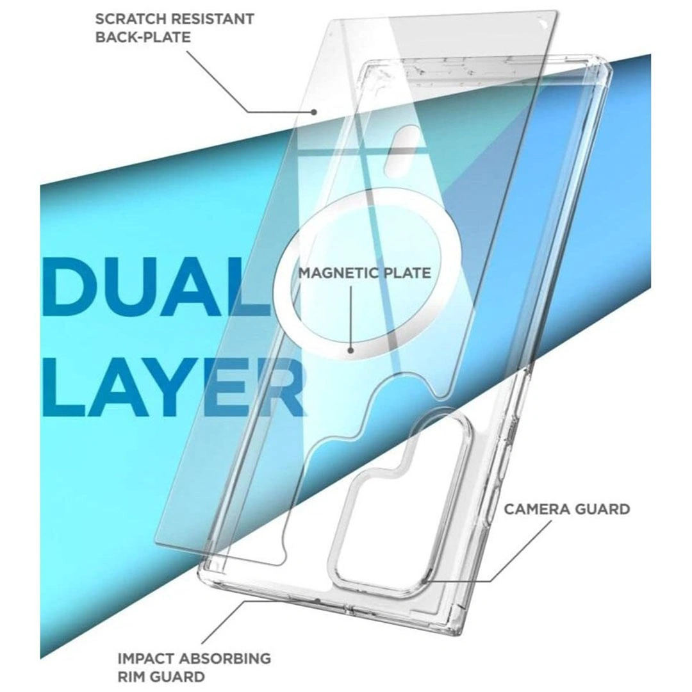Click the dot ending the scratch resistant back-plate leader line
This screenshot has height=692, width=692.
314,111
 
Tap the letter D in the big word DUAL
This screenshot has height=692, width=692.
71,286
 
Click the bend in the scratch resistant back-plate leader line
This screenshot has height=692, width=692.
247,111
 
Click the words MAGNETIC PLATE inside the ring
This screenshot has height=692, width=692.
365,273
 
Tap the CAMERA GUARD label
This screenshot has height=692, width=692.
566,509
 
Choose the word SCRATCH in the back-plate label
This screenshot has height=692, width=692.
130,19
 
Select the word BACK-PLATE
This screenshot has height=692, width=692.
143,37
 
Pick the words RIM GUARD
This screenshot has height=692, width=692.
161,677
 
